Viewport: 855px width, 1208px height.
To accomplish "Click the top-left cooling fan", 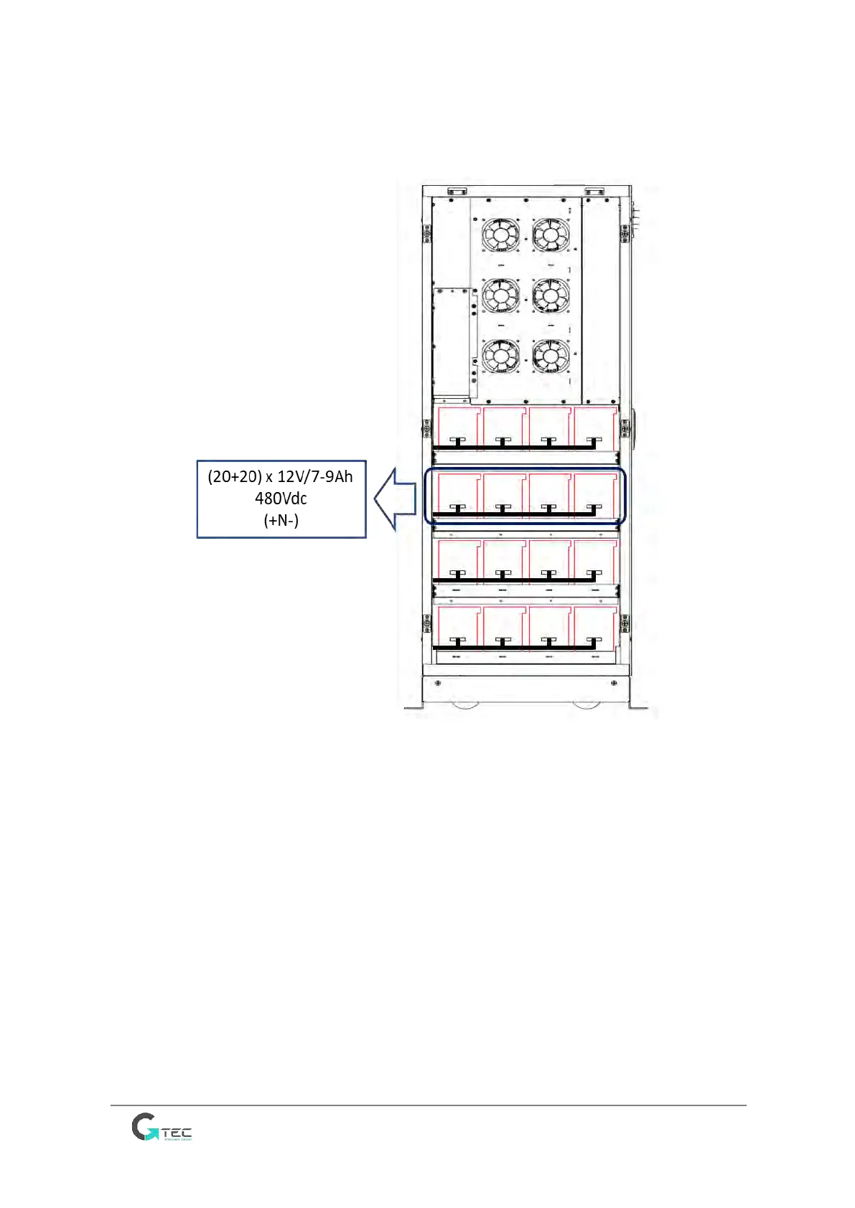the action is (500, 235).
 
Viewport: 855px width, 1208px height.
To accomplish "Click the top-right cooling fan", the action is (551, 235).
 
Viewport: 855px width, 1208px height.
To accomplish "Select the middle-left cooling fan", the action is (500, 296).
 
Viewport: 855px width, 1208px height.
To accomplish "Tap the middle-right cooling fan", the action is (551, 296).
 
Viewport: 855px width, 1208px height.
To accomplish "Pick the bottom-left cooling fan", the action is (500, 356).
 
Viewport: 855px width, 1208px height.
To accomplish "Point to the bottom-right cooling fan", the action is (551, 356).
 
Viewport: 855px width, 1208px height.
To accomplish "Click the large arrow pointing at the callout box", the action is (396, 499).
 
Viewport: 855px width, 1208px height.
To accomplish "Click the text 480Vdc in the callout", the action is (281, 499).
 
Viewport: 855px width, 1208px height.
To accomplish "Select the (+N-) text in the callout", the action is (281, 520).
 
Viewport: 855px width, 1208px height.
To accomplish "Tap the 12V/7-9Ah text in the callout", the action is (315, 477).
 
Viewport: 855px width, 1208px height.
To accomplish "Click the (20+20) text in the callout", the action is (235, 477).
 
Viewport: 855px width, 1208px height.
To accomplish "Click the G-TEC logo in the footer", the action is (162, 1127).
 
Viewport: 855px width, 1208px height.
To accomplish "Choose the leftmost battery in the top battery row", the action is (458, 428).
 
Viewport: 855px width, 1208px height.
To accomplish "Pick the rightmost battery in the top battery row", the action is (595, 428).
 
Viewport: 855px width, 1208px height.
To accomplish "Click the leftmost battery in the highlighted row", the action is (458, 495).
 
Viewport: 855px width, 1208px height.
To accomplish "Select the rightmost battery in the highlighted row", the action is (595, 495).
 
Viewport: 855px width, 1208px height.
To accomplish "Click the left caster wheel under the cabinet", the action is (466, 704).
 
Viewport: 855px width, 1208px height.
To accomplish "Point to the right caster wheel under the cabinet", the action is (587, 704).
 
